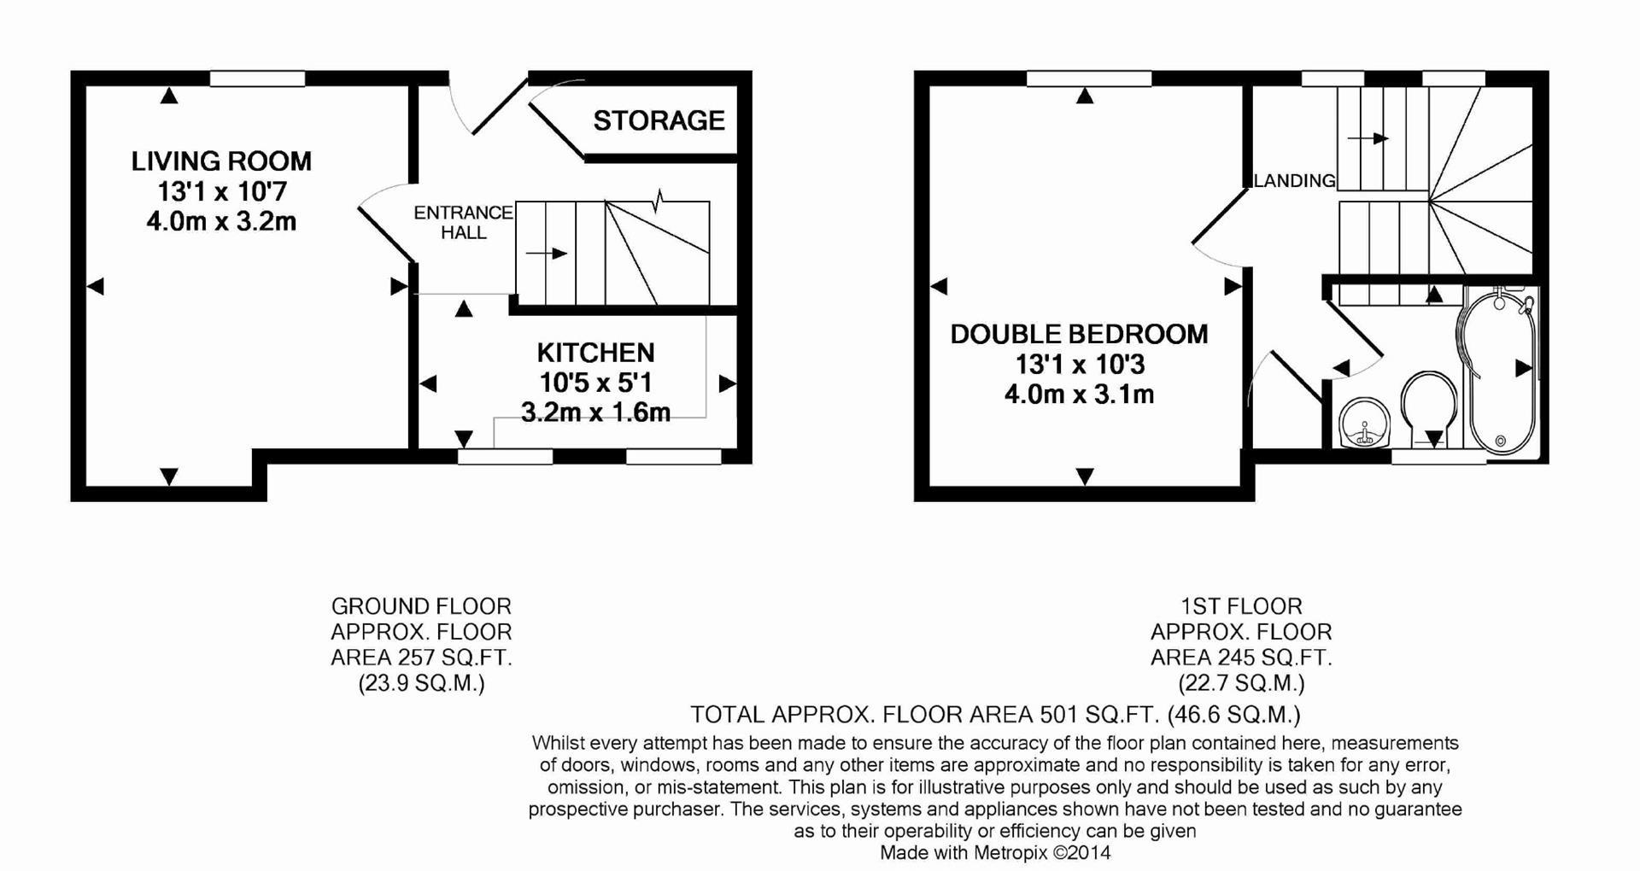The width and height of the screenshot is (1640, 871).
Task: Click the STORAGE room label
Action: [659, 120]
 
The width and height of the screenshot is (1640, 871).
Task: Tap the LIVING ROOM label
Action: [221, 161]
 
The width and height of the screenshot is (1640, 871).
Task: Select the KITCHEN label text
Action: [595, 353]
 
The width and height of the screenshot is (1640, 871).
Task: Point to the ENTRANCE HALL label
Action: [463, 222]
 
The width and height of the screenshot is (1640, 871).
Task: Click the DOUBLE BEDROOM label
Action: [1079, 334]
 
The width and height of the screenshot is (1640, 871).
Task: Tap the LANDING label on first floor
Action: [1294, 180]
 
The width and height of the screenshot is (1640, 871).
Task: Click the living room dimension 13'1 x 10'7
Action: [221, 190]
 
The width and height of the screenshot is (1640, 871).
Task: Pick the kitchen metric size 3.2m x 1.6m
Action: [595, 412]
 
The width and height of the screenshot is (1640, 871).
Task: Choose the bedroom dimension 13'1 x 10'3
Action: [1079, 365]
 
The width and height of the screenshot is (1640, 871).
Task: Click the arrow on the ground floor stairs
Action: [547, 254]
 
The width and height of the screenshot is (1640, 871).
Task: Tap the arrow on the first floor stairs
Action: [1368, 138]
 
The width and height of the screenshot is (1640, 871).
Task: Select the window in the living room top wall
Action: [257, 79]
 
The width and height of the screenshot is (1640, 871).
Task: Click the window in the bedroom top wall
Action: [1088, 79]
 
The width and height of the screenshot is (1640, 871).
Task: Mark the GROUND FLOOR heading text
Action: [421, 606]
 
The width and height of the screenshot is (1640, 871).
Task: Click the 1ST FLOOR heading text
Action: [1241, 606]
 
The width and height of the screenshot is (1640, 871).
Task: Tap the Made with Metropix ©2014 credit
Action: [995, 852]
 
